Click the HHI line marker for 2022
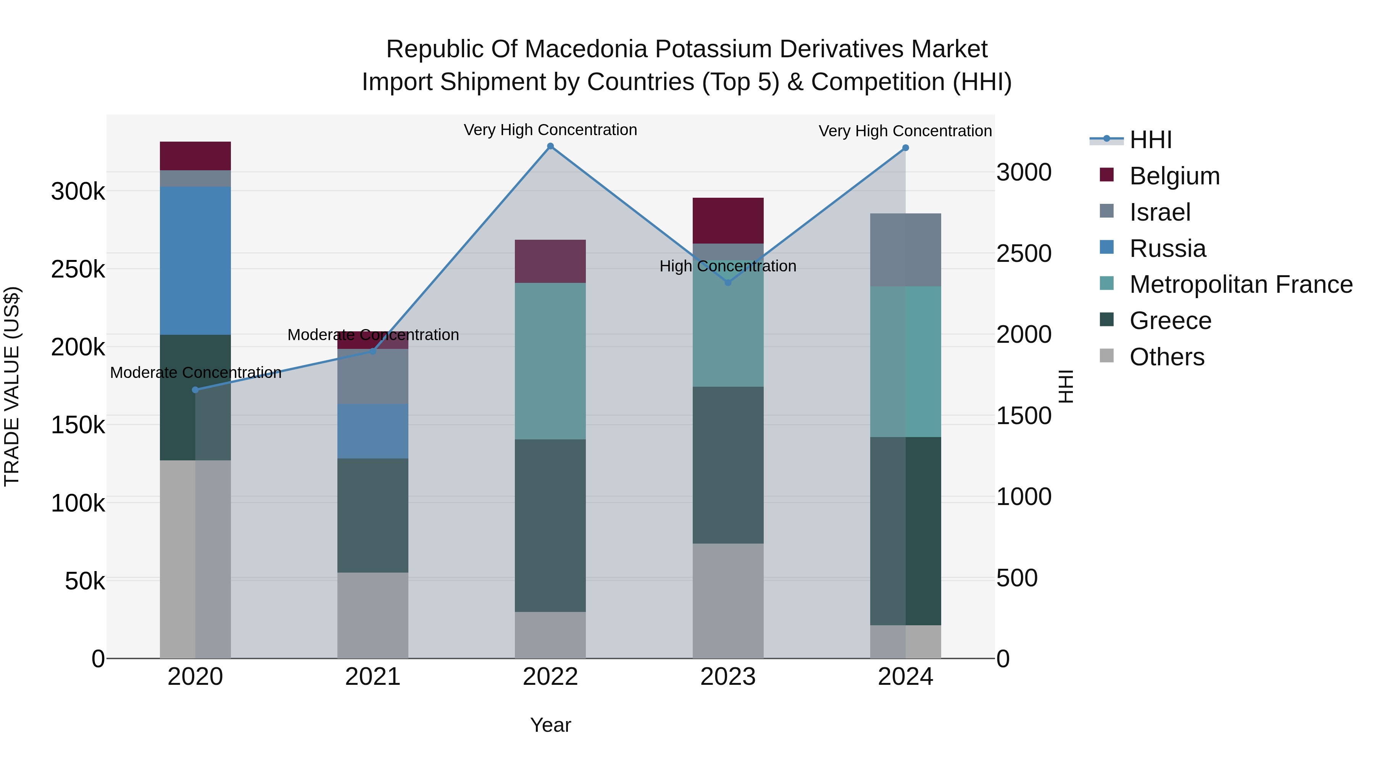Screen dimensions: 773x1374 550,146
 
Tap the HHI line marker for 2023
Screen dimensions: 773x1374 728,282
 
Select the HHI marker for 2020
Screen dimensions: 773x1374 195,390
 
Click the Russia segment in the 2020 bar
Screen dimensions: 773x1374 195,260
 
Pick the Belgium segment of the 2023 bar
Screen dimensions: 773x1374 728,220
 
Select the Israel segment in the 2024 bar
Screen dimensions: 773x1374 905,250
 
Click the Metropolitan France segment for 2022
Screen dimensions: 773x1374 550,361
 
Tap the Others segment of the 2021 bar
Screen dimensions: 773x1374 373,615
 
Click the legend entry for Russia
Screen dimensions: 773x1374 1167,249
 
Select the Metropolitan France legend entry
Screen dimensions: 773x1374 1240,284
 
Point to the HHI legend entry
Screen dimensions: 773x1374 1150,140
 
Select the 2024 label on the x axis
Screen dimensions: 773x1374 905,677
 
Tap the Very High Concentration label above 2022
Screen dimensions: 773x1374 550,130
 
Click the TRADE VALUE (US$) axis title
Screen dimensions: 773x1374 12,386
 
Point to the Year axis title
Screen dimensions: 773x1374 550,725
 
